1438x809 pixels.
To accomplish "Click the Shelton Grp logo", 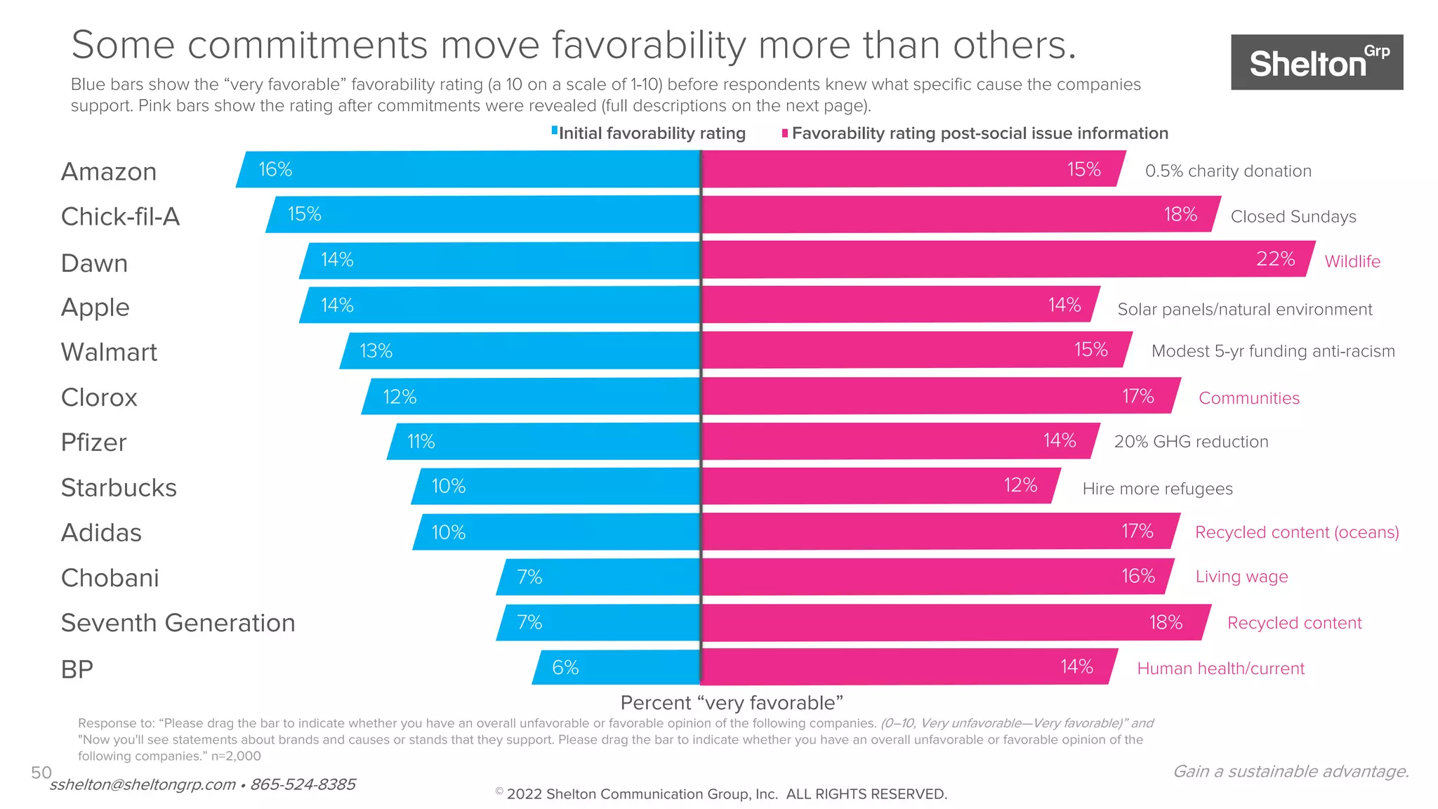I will pyautogui.click(x=1317, y=63).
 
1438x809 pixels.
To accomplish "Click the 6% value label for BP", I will pyautogui.click(x=565, y=667).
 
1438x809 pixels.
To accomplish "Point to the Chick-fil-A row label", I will pyautogui.click(x=120, y=216).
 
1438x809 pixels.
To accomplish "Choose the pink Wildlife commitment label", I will pyautogui.click(x=1352, y=261).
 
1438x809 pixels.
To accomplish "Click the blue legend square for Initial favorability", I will pyautogui.click(x=555, y=131).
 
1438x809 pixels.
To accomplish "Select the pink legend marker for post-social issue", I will pyautogui.click(x=785, y=133).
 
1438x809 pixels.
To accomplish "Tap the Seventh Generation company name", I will pyautogui.click(x=178, y=623).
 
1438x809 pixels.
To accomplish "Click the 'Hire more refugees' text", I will pyautogui.click(x=1157, y=489).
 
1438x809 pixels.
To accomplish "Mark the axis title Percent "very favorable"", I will pyautogui.click(x=732, y=702).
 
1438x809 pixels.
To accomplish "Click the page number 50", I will pyautogui.click(x=41, y=772).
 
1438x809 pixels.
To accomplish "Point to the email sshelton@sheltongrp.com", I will pyautogui.click(x=143, y=784).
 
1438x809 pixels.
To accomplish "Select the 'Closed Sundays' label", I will pyautogui.click(x=1293, y=216).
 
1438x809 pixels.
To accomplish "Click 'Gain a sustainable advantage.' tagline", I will pyautogui.click(x=1291, y=771).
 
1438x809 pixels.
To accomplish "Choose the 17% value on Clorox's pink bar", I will pyautogui.click(x=1137, y=396).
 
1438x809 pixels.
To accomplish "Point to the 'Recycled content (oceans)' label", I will pyautogui.click(x=1297, y=532).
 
